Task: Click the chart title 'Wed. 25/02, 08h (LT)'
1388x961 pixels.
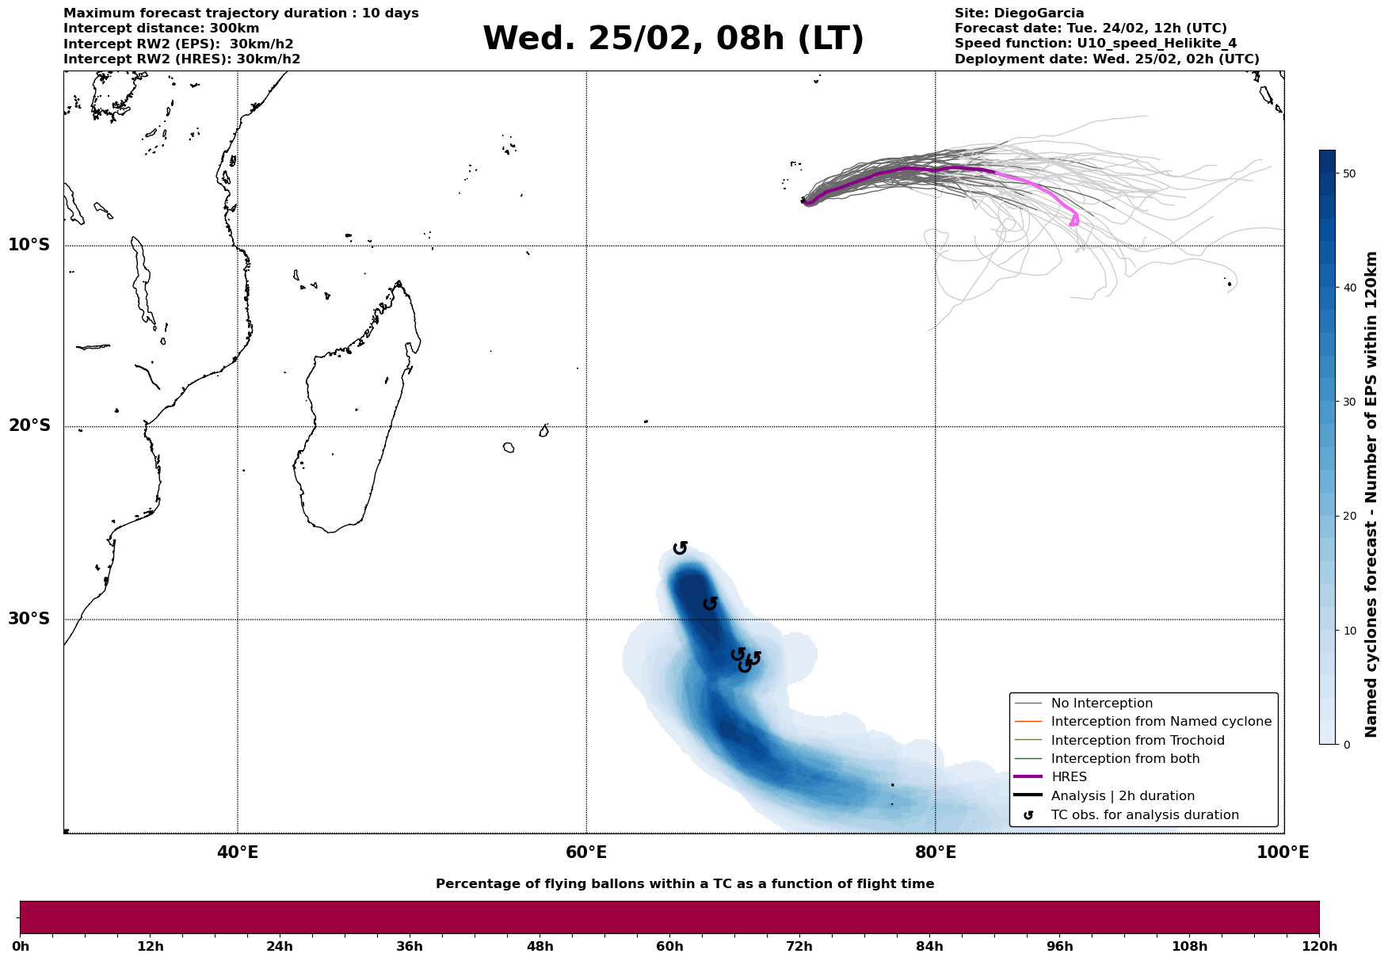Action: [673, 39]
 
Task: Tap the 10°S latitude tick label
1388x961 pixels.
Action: [29, 245]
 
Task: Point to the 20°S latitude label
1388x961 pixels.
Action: [29, 426]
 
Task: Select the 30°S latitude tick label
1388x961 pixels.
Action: [29, 619]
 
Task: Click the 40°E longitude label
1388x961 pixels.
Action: [237, 852]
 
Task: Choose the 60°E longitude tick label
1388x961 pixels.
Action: [586, 852]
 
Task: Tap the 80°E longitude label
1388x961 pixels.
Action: [935, 852]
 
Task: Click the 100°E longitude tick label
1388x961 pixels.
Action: [1283, 852]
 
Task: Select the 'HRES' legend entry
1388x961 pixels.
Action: [1069, 777]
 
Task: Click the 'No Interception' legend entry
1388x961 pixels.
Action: [1101, 704]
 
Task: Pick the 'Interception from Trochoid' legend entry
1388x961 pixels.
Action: [1137, 741]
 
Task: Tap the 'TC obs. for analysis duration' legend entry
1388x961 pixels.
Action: [1144, 815]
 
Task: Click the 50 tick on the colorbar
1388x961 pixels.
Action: [1348, 174]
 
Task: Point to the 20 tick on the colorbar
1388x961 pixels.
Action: [1348, 516]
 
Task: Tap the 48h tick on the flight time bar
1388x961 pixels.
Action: [540, 946]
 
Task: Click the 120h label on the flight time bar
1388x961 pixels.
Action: [1318, 946]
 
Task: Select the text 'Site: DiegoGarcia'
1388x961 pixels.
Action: [1019, 13]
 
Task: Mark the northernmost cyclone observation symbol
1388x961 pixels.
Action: [680, 547]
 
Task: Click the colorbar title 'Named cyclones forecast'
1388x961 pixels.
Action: [1372, 494]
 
